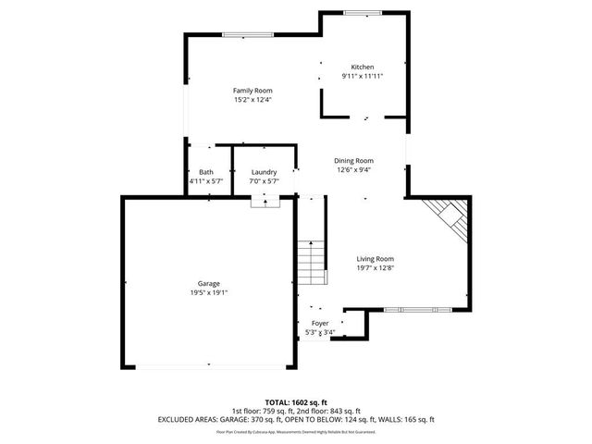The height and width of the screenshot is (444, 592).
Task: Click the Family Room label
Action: [252, 90]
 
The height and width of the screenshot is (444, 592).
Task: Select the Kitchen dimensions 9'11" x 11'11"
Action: [362, 76]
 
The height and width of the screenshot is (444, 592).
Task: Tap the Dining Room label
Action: [353, 160]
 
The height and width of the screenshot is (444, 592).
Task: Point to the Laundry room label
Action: [265, 172]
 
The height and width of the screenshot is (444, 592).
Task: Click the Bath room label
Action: [206, 172]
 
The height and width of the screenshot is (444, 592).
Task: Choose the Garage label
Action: [208, 283]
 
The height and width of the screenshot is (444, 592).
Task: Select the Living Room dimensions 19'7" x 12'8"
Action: [376, 268]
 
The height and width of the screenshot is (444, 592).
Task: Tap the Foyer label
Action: [319, 323]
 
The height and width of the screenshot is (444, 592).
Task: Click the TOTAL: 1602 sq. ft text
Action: [296, 402]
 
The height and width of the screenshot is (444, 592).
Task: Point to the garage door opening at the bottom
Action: [208, 366]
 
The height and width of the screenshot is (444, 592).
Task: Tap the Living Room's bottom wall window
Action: [413, 309]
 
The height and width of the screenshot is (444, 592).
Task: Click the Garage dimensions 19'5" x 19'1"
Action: [208, 292]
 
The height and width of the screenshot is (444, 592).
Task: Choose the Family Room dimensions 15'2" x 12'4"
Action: [252, 99]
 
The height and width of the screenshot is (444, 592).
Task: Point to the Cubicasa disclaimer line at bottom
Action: [296, 431]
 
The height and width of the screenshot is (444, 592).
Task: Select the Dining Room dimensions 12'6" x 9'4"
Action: [353, 169]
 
